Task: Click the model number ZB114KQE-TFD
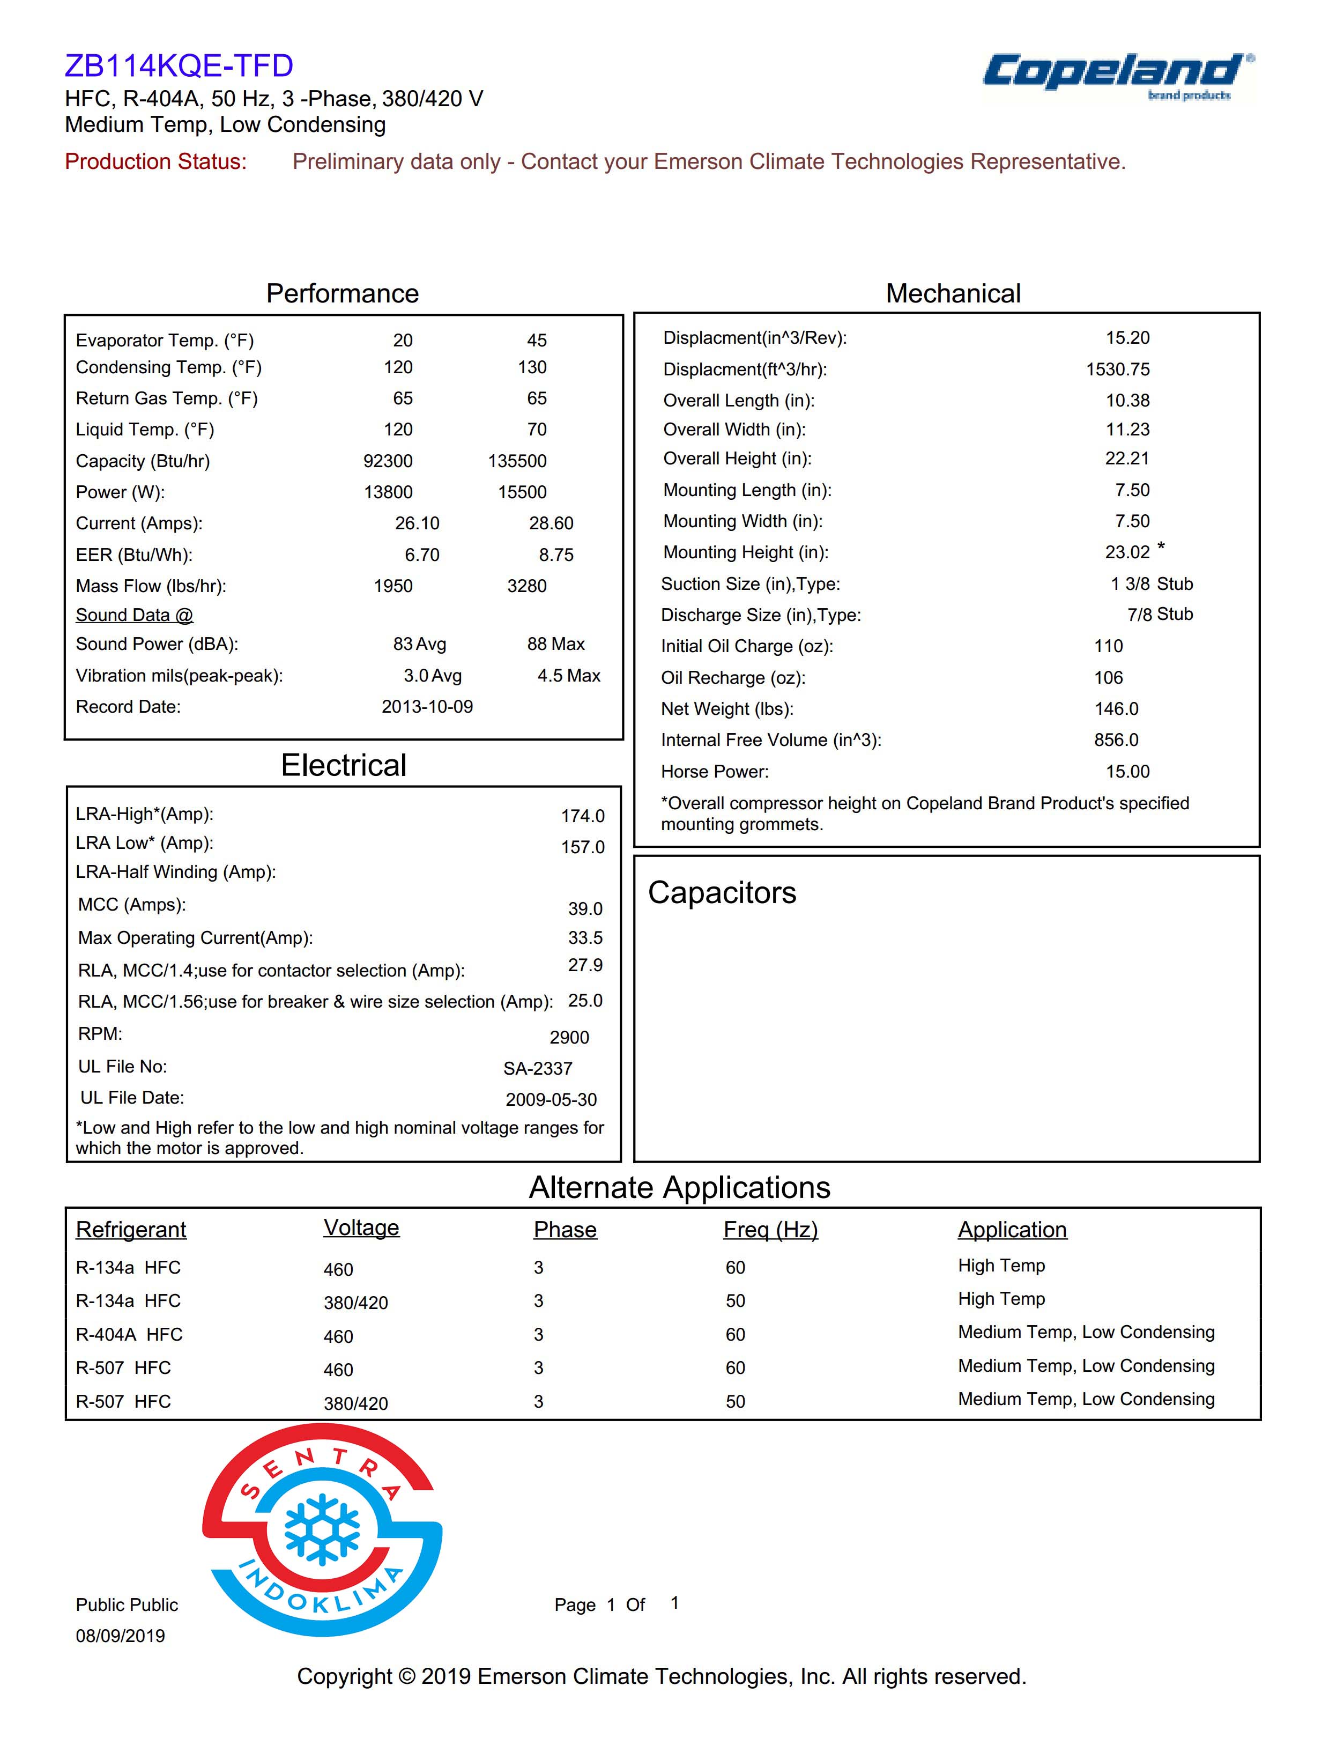tap(179, 65)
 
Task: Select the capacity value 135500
tap(517, 461)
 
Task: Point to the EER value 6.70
tap(421, 554)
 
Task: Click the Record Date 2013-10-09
tap(427, 707)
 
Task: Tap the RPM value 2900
tap(569, 1038)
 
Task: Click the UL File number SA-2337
tap(537, 1068)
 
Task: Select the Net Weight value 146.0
tap(1116, 709)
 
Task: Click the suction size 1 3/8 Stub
tap(1151, 584)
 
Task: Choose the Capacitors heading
tap(722, 893)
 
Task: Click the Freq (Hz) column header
tap(770, 1229)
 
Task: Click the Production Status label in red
tap(156, 161)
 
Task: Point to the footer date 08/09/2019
tap(120, 1636)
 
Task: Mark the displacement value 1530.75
tap(1117, 369)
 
